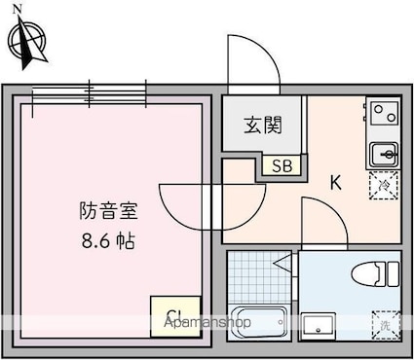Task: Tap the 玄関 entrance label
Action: pyautogui.click(x=263, y=125)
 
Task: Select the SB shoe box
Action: pyautogui.click(x=282, y=166)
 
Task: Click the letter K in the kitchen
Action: pyautogui.click(x=335, y=182)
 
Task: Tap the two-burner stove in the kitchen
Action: pyautogui.click(x=383, y=114)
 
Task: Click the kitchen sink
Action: pyautogui.click(x=383, y=153)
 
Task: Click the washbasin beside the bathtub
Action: pyautogui.click(x=319, y=324)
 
